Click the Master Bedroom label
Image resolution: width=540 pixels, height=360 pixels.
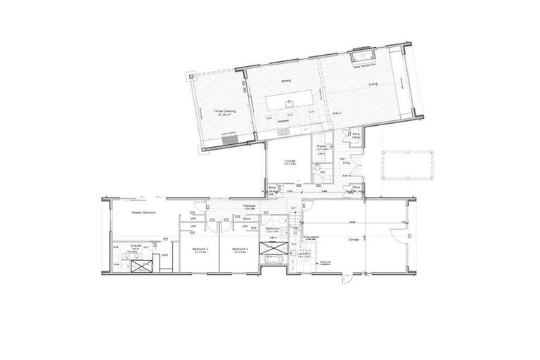coord(143,212)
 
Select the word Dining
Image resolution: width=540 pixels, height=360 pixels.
coord(287,82)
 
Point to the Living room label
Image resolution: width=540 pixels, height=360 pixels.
coord(373,84)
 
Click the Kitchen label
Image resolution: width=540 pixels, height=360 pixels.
coord(283,121)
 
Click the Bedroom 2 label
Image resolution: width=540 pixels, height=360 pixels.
coord(202,249)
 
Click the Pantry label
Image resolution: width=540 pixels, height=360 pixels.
coord(322,146)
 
